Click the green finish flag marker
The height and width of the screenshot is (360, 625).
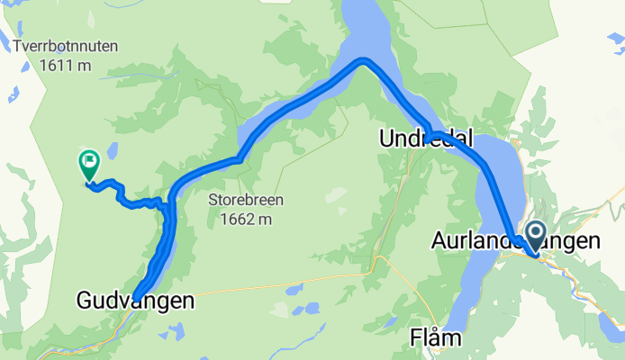pyautogui.click(x=89, y=164)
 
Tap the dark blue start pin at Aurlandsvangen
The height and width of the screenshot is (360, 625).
pyautogui.click(x=534, y=237)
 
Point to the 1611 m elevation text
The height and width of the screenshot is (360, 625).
pyautogui.click(x=66, y=65)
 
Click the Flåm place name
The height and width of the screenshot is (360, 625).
pyautogui.click(x=436, y=338)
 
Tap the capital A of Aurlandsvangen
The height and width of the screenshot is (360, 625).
pyautogui.click(x=439, y=241)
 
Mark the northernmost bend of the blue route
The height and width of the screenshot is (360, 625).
pyautogui.click(x=363, y=60)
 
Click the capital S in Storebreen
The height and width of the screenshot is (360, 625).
pyautogui.click(x=213, y=200)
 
